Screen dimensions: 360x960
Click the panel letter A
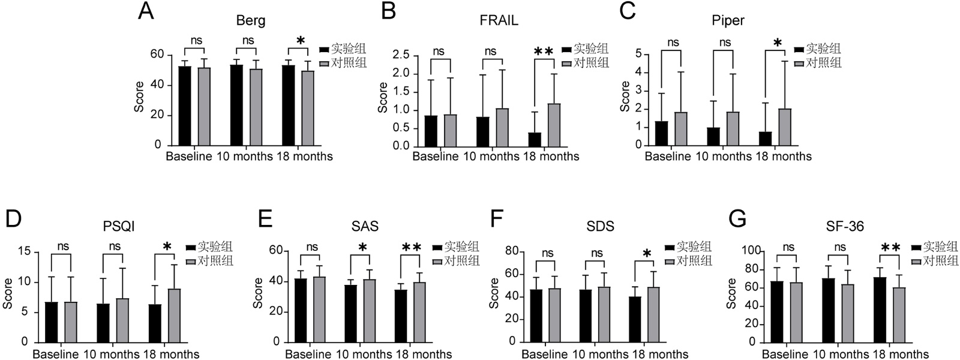(x=146, y=11)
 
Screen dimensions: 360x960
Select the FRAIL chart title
(x=499, y=20)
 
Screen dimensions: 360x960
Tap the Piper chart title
(x=728, y=20)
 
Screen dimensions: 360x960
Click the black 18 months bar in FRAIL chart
(x=535, y=139)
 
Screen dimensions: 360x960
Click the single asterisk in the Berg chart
(x=301, y=41)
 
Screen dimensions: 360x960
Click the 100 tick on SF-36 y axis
(x=752, y=251)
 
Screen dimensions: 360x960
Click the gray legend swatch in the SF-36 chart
(x=916, y=262)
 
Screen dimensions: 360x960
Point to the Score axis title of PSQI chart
(x=8, y=293)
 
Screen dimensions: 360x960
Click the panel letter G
(x=737, y=220)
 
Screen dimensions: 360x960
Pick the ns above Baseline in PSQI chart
(x=63, y=246)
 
